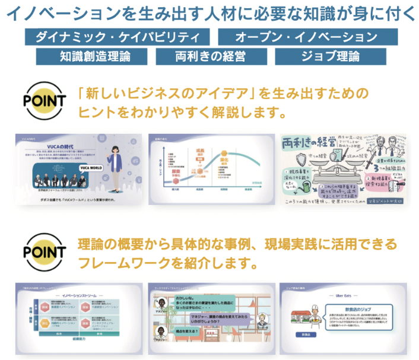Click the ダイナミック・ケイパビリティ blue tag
point(118,37)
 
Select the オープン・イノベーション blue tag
point(306,37)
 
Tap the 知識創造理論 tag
point(87,58)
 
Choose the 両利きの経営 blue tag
point(211,58)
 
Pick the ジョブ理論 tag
point(334,58)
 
